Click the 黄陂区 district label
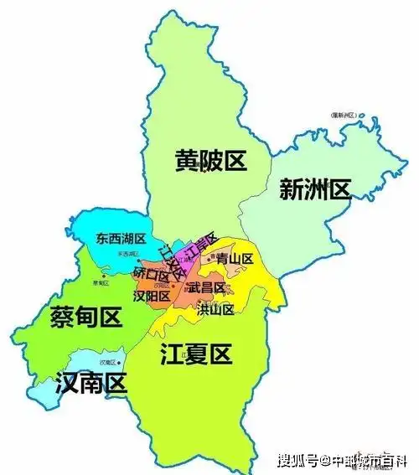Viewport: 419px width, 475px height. [210, 159]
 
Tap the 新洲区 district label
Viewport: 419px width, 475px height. [314, 190]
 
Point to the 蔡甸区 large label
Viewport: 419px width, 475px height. [85, 317]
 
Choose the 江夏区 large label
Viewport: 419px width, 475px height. [194, 354]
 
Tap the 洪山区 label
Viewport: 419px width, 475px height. [215, 309]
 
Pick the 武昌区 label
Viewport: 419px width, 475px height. [205, 287]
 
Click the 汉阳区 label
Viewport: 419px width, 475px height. [153, 296]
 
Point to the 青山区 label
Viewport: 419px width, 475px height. [234, 260]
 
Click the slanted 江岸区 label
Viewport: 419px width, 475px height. [201, 245]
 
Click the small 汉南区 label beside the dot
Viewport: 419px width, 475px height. [106, 362]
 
